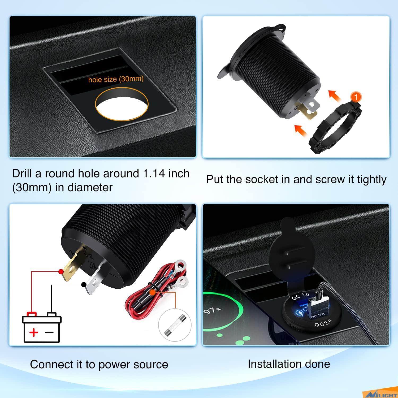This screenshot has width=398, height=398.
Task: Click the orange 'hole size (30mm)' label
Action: (116, 79)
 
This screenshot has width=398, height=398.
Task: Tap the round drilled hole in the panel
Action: (122, 105)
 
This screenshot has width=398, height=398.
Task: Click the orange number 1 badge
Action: (356, 97)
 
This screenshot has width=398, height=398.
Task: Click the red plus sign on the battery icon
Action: (33, 332)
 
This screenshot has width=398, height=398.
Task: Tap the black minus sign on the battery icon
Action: (50, 332)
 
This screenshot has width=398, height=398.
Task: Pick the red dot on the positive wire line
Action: (61, 271)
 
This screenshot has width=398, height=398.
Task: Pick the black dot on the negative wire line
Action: (84, 285)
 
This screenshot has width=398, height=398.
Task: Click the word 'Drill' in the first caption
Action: (22, 174)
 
